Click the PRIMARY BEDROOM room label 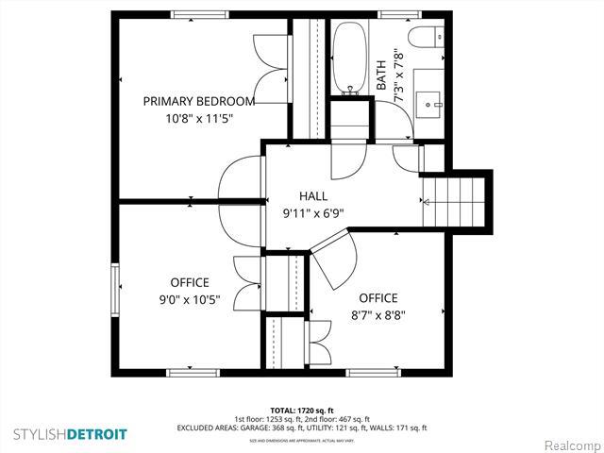198,101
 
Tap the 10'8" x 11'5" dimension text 198,118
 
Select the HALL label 312,195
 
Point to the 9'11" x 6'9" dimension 312,212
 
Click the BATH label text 381,71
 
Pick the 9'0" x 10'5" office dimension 190,300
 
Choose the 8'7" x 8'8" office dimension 377,316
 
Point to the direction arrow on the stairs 426,200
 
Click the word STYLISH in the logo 40,434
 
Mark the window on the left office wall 115,292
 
